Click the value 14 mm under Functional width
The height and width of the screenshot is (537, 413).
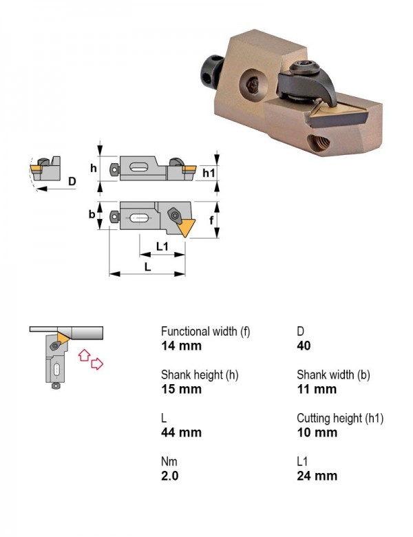[x=181, y=346]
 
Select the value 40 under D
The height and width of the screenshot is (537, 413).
[x=304, y=346]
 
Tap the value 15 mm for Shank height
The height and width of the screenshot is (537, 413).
[x=181, y=389]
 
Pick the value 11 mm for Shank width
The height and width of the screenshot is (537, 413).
[x=317, y=389]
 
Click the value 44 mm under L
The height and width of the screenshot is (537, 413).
[x=181, y=432]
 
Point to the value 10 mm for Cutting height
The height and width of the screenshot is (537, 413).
[x=317, y=432]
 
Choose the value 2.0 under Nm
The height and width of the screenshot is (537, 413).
[x=170, y=476]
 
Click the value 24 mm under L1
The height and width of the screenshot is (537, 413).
[x=317, y=476]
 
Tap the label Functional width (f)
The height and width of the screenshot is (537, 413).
[x=206, y=332]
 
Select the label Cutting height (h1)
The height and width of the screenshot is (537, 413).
[x=340, y=418]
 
